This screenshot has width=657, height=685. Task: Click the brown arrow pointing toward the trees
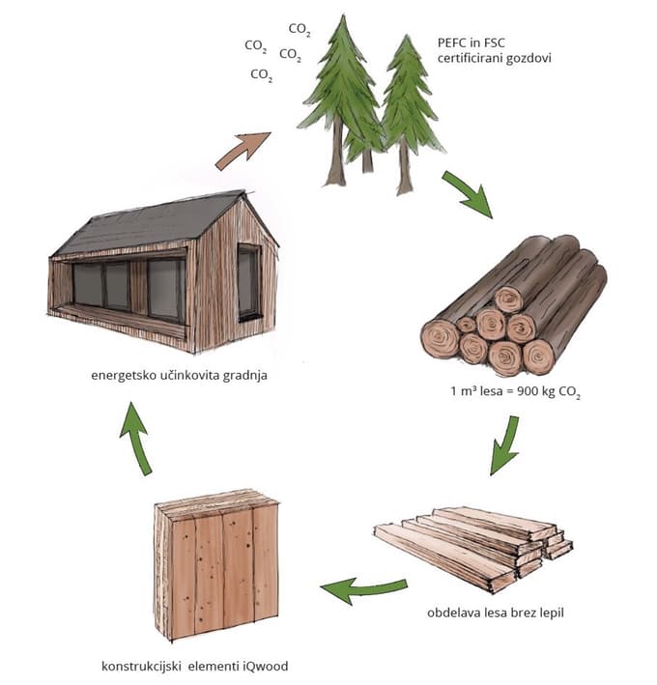coord(242,151)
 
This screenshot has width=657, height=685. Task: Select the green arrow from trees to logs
coord(469,193)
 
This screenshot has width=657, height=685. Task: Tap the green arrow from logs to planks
coord(505,444)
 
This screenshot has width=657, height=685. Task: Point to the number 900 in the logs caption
coord(528,390)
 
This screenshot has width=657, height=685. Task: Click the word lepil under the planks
coord(552,613)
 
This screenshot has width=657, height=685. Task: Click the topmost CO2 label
coord(300,29)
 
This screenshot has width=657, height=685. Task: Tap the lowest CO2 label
coord(262,74)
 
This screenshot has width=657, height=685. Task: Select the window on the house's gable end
coord(248,282)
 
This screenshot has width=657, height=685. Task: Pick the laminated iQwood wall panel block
coord(216,564)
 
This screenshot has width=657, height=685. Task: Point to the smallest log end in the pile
coord(466,325)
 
